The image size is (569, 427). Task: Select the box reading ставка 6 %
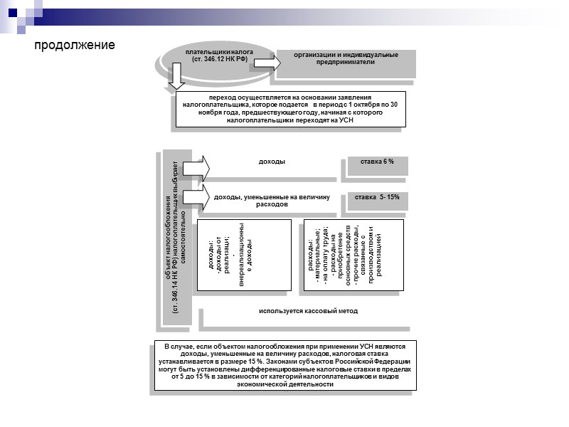click(x=377, y=162)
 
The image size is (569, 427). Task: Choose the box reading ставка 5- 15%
click(x=377, y=196)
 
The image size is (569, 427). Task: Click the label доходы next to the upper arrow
click(x=272, y=162)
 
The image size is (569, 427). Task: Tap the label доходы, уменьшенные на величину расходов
click(x=273, y=200)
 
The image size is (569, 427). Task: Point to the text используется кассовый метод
click(x=308, y=311)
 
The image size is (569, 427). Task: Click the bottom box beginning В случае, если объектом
click(x=284, y=365)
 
